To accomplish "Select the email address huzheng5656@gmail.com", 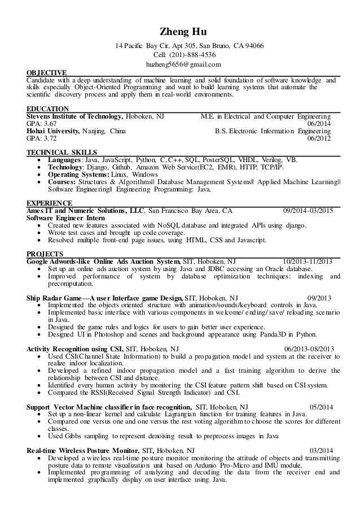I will click(180, 65).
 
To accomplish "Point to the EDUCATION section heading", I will click(48, 108).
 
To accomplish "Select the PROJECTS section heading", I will click(45, 254).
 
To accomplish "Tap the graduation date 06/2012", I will click(319, 138).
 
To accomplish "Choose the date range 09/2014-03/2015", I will click(307, 211).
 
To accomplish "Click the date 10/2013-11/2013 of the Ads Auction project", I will click(307, 261).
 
